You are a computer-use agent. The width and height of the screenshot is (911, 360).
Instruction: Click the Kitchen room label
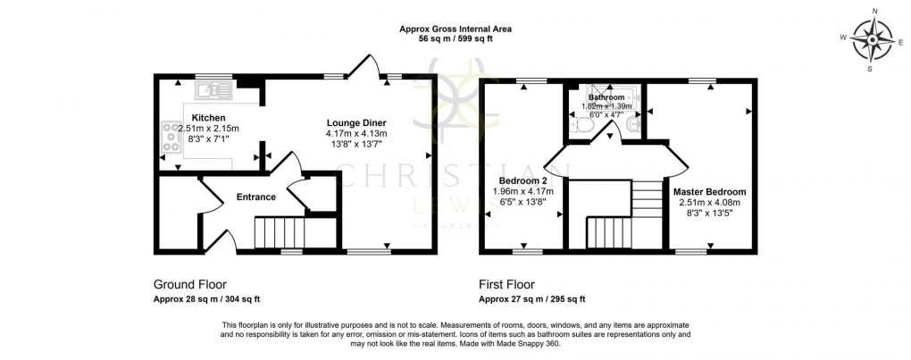pos(208,118)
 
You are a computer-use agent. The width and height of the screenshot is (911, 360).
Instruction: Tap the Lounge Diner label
pos(356,123)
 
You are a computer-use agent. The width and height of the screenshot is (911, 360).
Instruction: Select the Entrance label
pos(255,197)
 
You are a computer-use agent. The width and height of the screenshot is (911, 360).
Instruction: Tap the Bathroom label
pos(606,96)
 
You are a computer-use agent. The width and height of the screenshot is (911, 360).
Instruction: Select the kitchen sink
pos(215,89)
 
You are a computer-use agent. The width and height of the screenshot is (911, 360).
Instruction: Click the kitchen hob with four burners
pos(170,138)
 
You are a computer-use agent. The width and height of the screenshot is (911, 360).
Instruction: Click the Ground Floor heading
pos(189,285)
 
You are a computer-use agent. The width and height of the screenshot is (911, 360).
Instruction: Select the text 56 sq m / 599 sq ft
pos(455,39)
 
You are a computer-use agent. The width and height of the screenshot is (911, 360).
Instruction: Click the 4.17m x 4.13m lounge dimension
pos(356,134)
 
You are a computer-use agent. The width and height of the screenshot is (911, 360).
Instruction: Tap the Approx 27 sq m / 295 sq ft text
pos(532,298)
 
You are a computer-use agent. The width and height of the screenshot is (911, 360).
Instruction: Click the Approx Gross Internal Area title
pos(455,29)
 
